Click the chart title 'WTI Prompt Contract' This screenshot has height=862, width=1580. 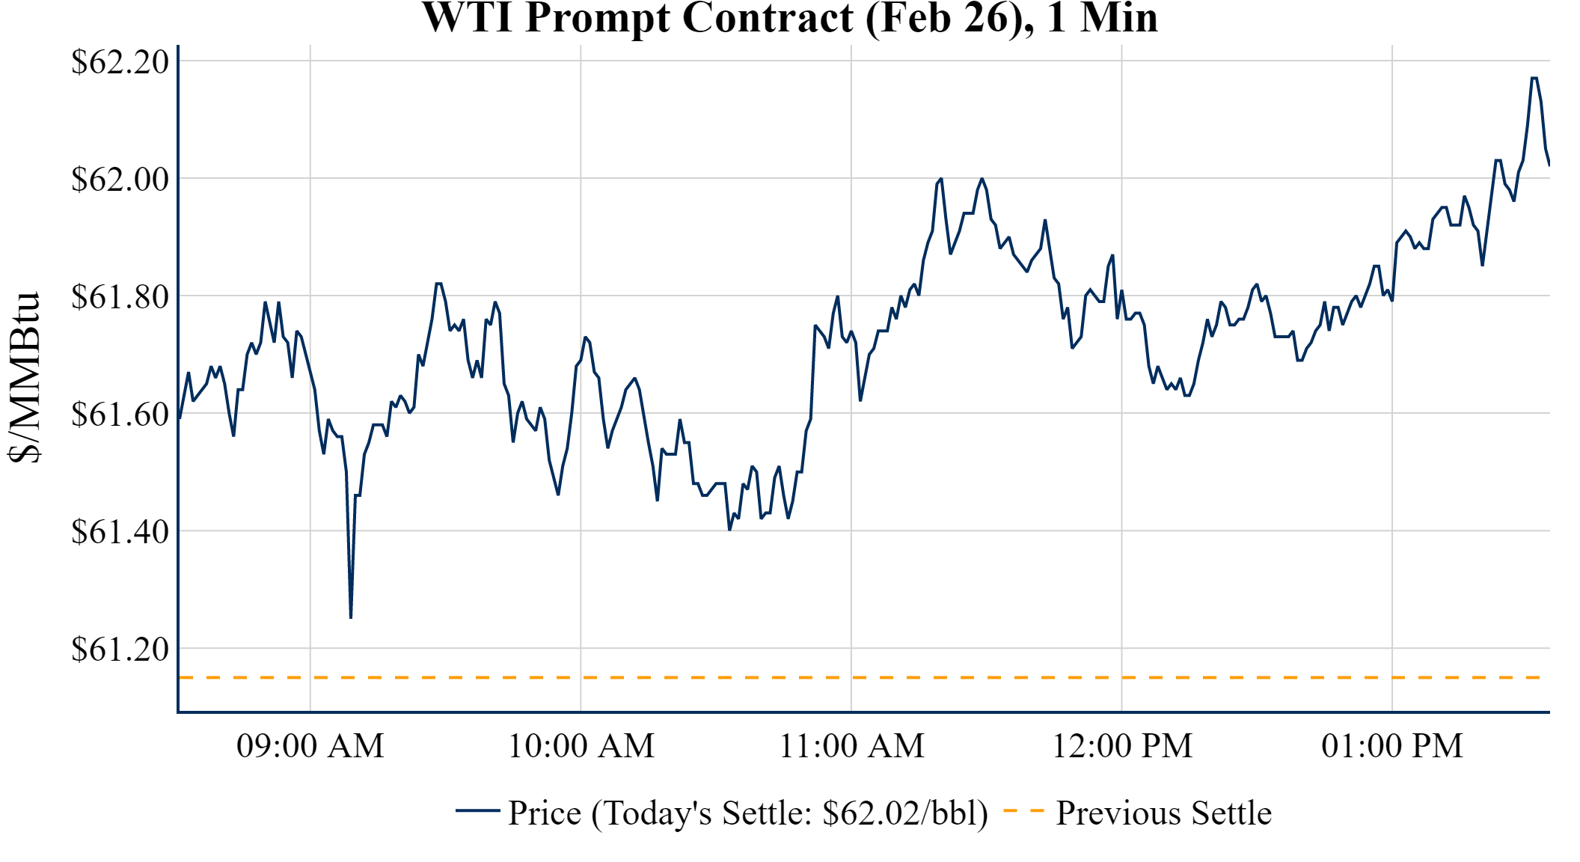click(x=790, y=18)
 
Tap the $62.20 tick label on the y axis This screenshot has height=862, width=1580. click(x=120, y=61)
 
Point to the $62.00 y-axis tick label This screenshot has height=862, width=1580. click(x=120, y=179)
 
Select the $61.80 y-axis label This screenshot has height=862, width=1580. click(x=120, y=296)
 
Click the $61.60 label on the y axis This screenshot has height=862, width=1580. click(x=120, y=414)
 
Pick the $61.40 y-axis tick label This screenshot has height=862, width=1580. click(x=120, y=531)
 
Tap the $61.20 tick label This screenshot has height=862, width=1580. click(x=120, y=649)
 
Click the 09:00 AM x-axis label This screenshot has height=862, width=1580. click(x=310, y=746)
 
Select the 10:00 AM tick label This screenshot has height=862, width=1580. click(x=581, y=746)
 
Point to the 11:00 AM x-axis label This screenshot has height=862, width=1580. click(x=851, y=746)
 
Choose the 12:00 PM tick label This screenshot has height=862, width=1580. click(x=1122, y=746)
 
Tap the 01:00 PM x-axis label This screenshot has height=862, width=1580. click(x=1392, y=746)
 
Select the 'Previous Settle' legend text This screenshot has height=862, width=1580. click(x=1163, y=813)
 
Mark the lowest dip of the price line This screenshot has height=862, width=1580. click(x=351, y=617)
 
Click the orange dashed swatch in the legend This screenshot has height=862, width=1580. click(x=1023, y=810)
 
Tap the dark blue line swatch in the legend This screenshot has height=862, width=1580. click(x=477, y=810)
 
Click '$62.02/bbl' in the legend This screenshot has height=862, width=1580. click(x=904, y=813)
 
